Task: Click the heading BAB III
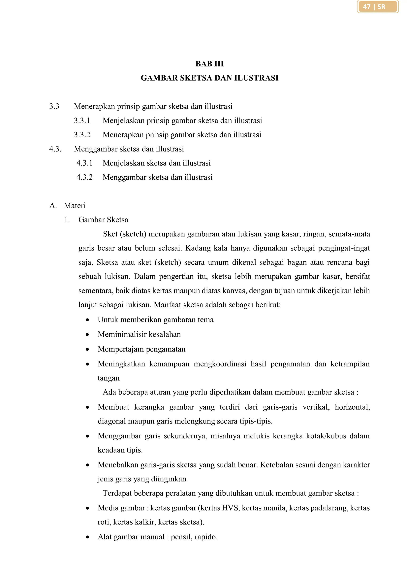click(209, 64)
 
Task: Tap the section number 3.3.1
click(82, 121)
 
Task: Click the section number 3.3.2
click(82, 135)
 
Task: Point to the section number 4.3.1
click(84, 163)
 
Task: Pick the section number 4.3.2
click(84, 177)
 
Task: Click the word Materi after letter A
click(75, 206)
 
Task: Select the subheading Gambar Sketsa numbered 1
click(103, 220)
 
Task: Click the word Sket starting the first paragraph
click(110, 234)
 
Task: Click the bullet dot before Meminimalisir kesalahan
click(87, 335)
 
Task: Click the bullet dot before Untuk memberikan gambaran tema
click(87, 320)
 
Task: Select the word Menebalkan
click(118, 465)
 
